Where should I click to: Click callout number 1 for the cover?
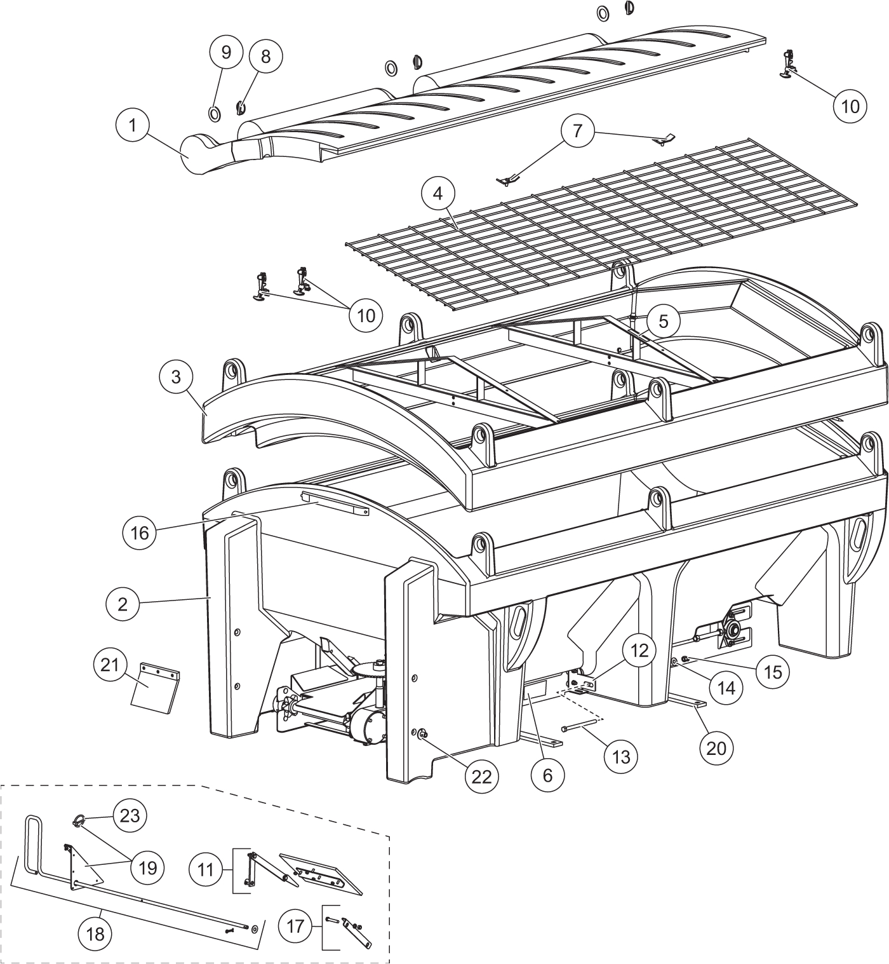click(x=133, y=125)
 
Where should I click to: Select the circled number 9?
click(x=226, y=52)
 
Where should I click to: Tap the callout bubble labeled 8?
click(x=265, y=56)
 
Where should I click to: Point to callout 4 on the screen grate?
click(x=438, y=193)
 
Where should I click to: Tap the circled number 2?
click(x=123, y=604)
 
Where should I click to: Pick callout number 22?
click(x=482, y=776)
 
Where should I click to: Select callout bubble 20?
click(x=716, y=748)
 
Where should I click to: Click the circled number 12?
click(x=639, y=651)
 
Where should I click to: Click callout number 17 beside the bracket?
click(x=296, y=927)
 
